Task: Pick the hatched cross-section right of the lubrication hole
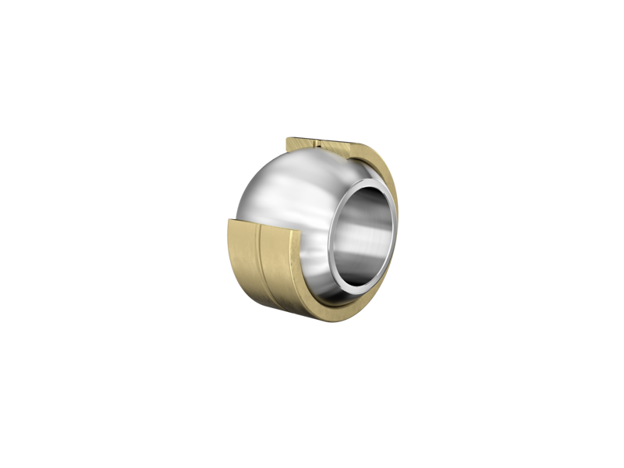point(339,145)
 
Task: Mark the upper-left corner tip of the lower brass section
point(228,222)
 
